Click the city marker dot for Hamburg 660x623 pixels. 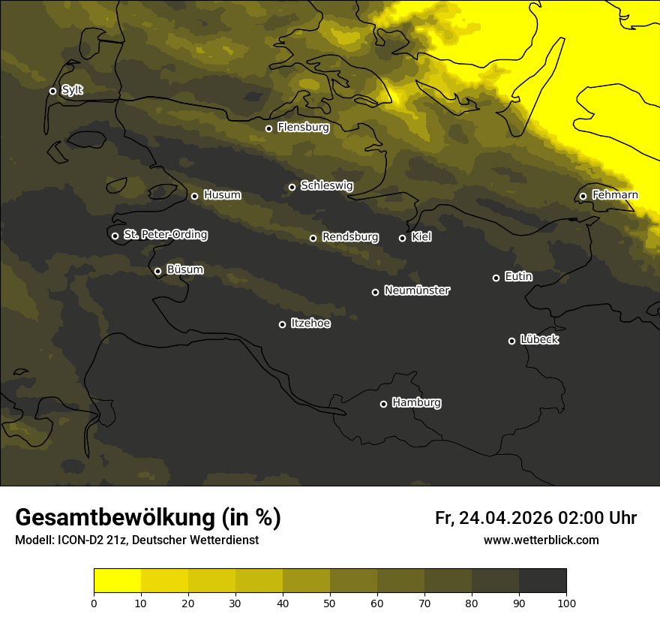[383, 404]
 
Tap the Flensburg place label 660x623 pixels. [303, 128]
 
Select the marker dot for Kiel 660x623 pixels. [402, 238]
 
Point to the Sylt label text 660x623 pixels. [72, 90]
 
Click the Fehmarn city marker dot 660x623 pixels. [583, 196]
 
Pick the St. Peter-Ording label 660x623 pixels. [165, 235]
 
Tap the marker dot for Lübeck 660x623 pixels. [511, 341]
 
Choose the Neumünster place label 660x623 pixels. [416, 290]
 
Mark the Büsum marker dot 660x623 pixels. [157, 272]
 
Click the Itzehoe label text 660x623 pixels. [310, 324]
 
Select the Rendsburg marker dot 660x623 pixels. [313, 238]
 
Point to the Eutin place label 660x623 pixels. [518, 277]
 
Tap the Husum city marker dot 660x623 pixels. [194, 196]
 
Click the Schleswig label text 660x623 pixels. [326, 185]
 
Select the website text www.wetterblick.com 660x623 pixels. [541, 540]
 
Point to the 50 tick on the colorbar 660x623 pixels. [330, 602]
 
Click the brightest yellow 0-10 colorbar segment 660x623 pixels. [118, 581]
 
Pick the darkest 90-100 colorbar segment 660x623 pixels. [542, 581]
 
